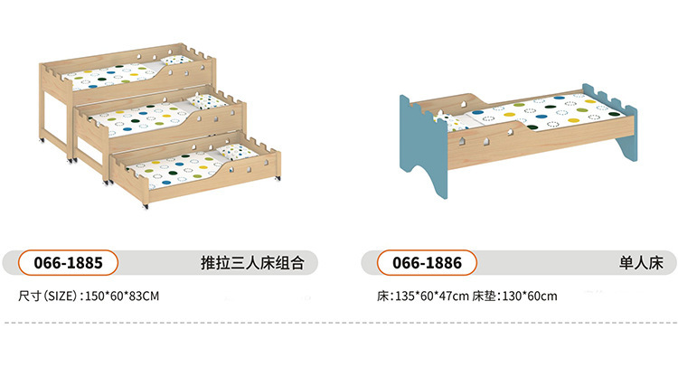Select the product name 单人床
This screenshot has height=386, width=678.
point(642,263)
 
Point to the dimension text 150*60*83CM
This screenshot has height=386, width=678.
point(121,296)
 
